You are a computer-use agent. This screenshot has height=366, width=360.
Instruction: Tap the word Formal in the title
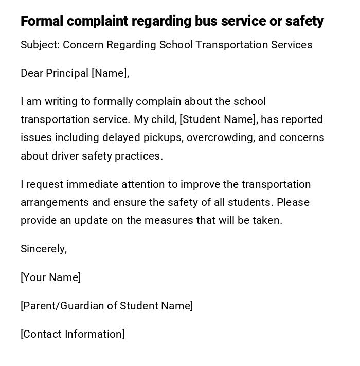42,22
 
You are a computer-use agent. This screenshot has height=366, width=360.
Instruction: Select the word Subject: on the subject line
40,45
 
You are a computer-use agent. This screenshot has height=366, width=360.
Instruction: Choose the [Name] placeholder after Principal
110,74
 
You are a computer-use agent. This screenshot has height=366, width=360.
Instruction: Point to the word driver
64,156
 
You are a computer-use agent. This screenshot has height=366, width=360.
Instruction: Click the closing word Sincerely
44,249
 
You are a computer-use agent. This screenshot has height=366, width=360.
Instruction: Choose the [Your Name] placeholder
51,277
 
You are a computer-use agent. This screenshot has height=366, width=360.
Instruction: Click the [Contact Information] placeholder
73,334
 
